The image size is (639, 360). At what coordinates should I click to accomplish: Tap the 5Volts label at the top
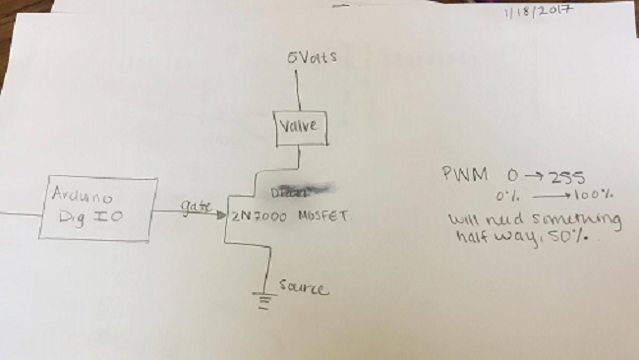[312, 58]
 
